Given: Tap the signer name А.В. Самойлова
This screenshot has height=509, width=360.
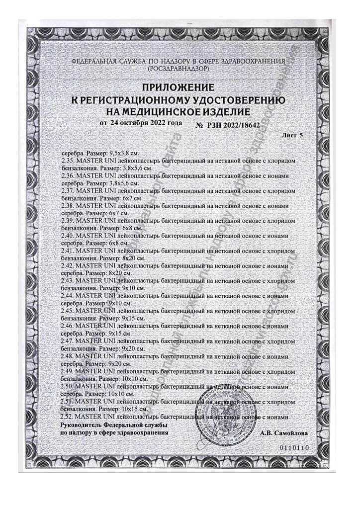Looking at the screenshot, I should (284, 433).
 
